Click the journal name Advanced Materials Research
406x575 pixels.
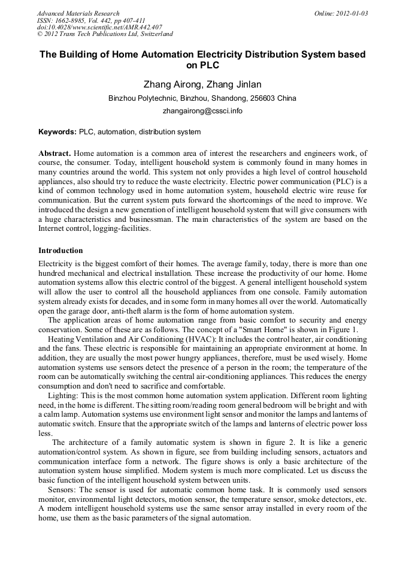coord(78,13)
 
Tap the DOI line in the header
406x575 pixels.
coord(99,28)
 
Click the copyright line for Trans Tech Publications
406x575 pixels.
coord(105,34)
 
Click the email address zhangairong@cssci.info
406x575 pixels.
coord(202,111)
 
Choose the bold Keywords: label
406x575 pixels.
coord(57,132)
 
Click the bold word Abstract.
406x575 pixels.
coord(54,153)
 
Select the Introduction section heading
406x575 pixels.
coord(60,250)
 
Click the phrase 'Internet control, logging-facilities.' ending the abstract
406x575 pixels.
coord(95,228)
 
